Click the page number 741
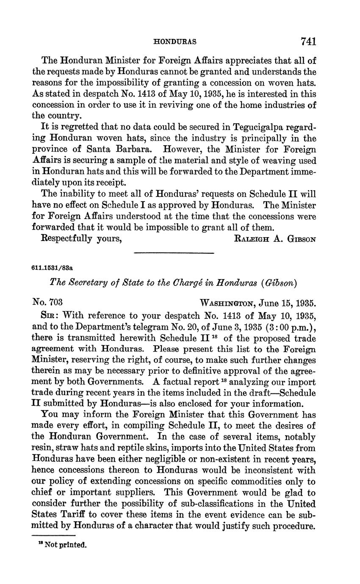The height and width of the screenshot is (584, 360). tap(308, 41)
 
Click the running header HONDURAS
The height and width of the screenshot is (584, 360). tap(174, 42)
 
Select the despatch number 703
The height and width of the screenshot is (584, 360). tap(55, 302)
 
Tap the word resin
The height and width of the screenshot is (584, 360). tap(43, 448)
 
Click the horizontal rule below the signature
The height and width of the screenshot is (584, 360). tap(174, 253)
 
